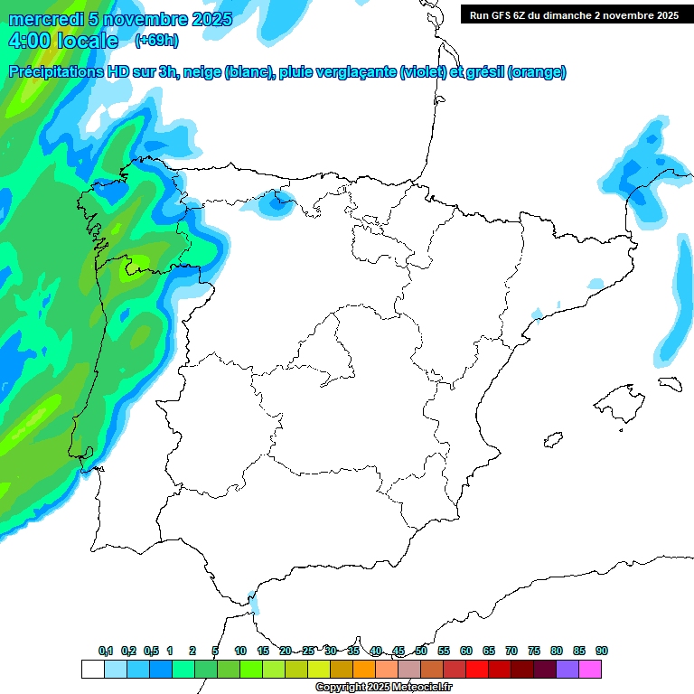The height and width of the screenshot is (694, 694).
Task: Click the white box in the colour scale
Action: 92,669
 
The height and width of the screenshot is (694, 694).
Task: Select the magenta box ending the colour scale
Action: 590,669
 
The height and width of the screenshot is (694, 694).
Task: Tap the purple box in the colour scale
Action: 567,669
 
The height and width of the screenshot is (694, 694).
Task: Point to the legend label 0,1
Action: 106,651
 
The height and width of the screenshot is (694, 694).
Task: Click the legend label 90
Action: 602,651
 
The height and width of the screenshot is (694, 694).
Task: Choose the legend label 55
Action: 444,651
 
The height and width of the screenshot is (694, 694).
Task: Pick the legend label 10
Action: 240,651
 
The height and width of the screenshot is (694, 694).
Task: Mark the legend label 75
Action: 534,651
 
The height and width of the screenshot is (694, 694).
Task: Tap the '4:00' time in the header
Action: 29,41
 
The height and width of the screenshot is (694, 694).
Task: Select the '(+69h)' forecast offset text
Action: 155,41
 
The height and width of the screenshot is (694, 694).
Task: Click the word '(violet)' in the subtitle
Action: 422,72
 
